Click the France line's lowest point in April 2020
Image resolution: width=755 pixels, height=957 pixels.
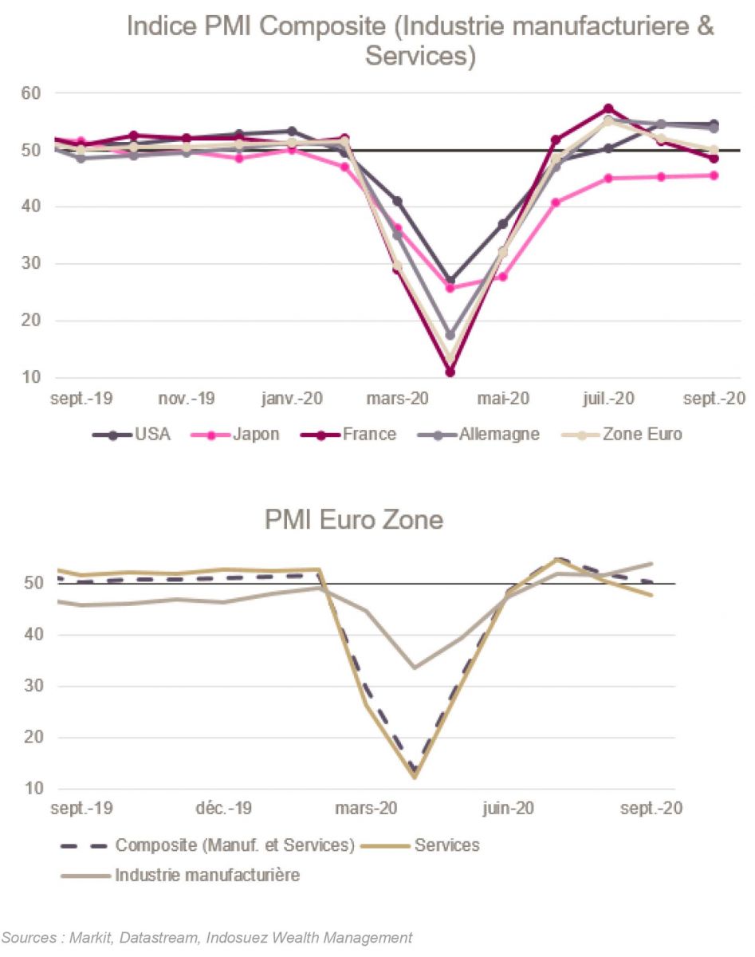tap(450, 372)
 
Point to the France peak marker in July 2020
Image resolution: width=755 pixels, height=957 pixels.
tap(608, 108)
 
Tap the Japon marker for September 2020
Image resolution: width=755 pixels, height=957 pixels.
tap(714, 175)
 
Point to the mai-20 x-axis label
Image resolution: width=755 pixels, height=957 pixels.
tap(502, 398)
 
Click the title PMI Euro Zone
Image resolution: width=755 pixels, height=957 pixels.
tap(354, 521)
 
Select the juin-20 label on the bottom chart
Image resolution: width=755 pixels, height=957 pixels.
tap(508, 808)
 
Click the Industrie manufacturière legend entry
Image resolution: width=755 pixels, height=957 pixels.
tap(207, 875)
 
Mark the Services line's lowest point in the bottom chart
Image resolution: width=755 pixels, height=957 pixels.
tap(415, 777)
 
